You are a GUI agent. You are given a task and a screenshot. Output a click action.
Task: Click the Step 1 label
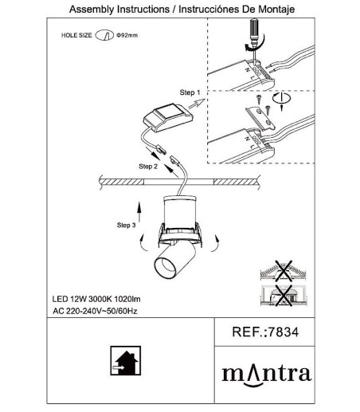(190, 92)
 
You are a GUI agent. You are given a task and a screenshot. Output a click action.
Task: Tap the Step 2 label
(148, 167)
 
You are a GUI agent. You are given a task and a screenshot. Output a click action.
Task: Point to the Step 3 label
(126, 225)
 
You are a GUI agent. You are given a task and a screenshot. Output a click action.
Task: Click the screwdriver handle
(254, 29)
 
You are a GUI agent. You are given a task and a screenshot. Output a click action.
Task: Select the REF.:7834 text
(265, 332)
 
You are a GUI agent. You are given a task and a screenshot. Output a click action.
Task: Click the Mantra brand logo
(267, 375)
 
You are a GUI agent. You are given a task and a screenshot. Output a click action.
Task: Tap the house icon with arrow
(126, 360)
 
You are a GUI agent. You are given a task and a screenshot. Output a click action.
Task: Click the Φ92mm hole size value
(127, 35)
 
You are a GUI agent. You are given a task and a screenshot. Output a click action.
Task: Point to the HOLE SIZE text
(76, 35)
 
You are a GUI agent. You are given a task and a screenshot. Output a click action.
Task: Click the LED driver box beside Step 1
(168, 118)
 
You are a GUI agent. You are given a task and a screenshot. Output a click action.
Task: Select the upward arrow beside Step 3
(139, 212)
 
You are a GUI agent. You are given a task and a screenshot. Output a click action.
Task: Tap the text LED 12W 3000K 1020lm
(96, 299)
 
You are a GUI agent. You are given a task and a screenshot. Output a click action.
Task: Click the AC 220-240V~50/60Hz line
(95, 311)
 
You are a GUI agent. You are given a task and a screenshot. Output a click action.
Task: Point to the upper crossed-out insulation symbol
(283, 270)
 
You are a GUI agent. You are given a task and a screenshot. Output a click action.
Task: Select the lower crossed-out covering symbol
(283, 295)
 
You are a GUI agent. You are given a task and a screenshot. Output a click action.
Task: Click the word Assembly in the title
(92, 10)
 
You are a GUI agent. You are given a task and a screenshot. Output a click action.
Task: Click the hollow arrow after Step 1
(197, 104)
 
